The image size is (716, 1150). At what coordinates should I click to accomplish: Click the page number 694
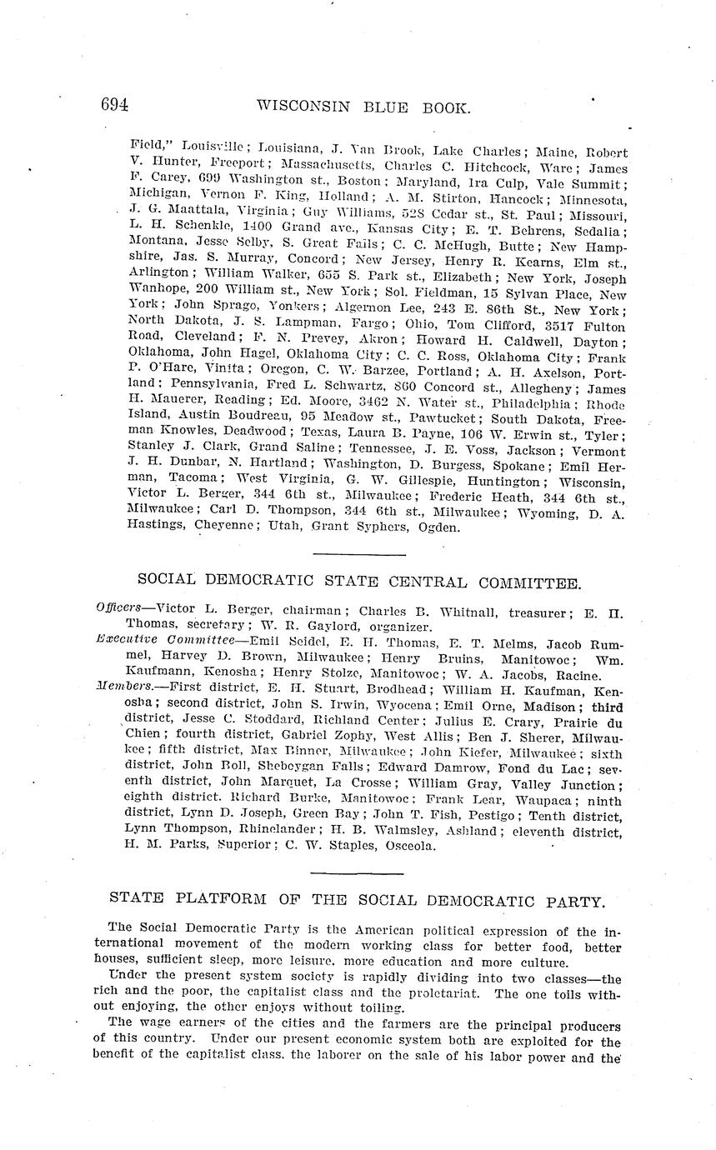[x=114, y=105]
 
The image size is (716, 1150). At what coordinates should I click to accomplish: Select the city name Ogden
[x=436, y=527]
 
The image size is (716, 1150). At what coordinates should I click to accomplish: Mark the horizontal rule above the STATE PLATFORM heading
[x=357, y=873]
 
